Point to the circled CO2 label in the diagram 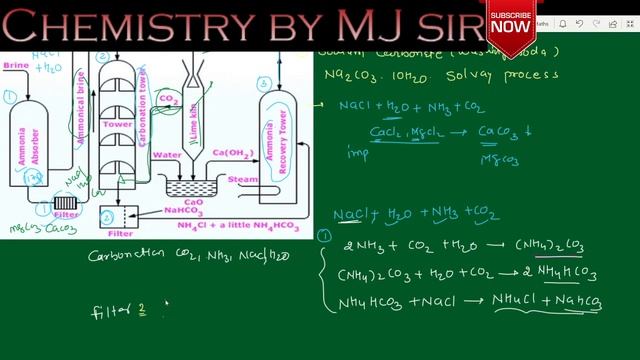[x=169, y=100]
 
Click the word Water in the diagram [x=166, y=155]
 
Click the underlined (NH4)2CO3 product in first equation [x=549, y=246]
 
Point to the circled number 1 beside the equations [x=323, y=236]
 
